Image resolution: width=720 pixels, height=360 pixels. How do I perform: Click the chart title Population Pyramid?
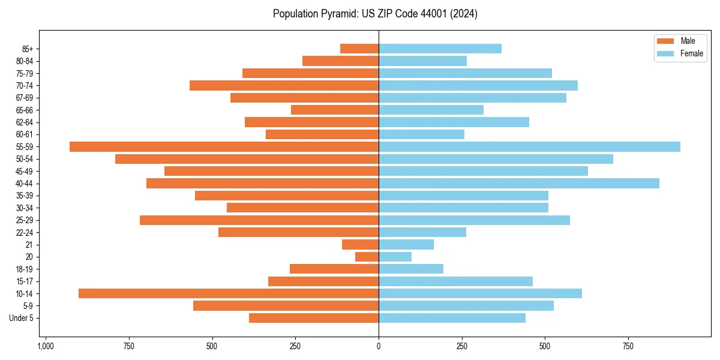375,14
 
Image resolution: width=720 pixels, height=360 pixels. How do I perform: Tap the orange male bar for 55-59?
224,146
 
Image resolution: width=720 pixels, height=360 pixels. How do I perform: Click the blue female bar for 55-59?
529,146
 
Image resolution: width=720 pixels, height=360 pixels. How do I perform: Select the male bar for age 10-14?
229,293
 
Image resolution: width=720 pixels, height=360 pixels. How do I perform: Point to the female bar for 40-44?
519,183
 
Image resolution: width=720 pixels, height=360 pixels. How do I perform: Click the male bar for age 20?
367,257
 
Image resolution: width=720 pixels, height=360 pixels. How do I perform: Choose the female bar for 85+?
440,49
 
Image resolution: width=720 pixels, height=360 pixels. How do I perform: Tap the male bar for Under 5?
314,318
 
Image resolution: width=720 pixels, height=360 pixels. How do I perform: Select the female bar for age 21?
406,244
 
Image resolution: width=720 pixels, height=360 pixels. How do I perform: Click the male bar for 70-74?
284,85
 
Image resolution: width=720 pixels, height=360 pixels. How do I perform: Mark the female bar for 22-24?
422,232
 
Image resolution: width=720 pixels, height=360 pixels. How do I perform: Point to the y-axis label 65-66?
25,110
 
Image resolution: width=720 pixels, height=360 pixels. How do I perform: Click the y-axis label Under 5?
22,318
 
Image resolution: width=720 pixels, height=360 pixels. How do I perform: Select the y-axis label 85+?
28,49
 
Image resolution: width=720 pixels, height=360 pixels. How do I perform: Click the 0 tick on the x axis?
379,346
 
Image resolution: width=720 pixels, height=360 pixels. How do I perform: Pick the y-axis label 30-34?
25,208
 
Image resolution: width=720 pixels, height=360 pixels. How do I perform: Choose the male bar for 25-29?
259,220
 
